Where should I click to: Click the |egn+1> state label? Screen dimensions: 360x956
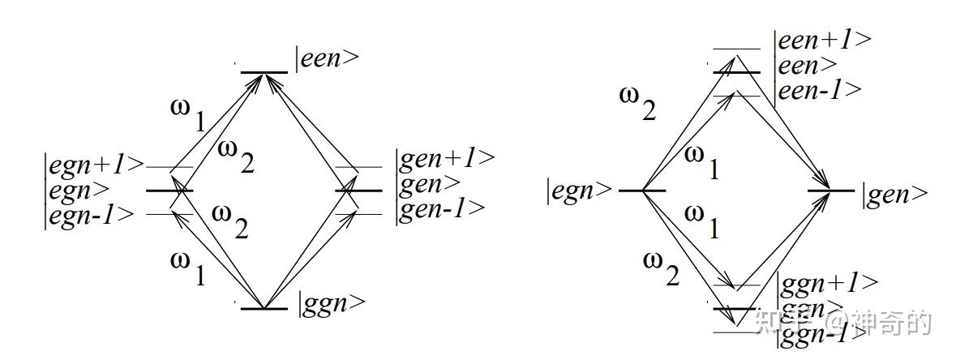pyautogui.click(x=94, y=165)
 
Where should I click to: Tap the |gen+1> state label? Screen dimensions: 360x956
pyautogui.click(x=445, y=159)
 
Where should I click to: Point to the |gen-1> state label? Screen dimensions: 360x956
pyautogui.click(x=440, y=208)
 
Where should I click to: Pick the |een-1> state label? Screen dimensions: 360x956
pyautogui.click(x=820, y=90)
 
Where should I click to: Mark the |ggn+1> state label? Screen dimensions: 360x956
pyautogui.click(x=828, y=283)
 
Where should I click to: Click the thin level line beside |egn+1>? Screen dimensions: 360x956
pyautogui.click(x=169, y=168)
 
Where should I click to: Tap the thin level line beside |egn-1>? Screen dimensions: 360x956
pyautogui.click(x=169, y=214)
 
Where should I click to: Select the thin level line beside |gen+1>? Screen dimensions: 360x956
pyautogui.click(x=358, y=169)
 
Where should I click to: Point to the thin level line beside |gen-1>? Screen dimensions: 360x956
pyautogui.click(x=358, y=214)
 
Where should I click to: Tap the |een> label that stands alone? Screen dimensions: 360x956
pyautogui.click(x=328, y=59)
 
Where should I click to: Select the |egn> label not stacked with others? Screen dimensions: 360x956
pyautogui.click(x=580, y=192)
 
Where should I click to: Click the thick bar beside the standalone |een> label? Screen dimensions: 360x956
pyautogui.click(x=264, y=73)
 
